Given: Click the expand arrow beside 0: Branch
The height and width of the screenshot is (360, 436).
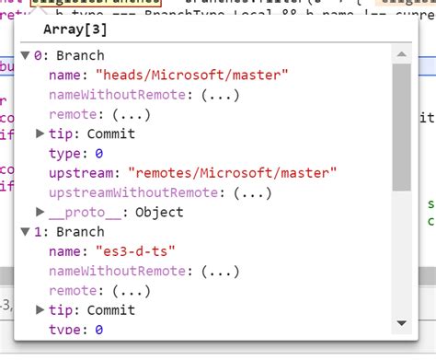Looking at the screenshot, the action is pos(25,55).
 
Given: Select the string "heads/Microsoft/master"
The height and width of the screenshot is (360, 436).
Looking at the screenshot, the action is pos(185,75).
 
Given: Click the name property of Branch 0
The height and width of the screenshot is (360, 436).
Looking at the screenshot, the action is pos(68,75).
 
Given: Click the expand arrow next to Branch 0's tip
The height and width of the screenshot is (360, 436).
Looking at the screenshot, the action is pos(40,134).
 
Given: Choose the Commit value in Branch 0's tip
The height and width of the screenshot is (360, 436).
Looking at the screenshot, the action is pos(111,134).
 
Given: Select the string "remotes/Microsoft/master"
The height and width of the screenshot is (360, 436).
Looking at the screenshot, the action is pos(233,172).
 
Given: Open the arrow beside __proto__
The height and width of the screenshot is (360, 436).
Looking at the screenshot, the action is pos(40,212).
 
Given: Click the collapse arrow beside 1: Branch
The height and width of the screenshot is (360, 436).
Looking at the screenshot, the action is pos(25,232).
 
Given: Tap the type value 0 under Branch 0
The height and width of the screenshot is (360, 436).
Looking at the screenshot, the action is pos(98,153).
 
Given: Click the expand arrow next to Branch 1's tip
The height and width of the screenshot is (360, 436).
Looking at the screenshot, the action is pos(40,310).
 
